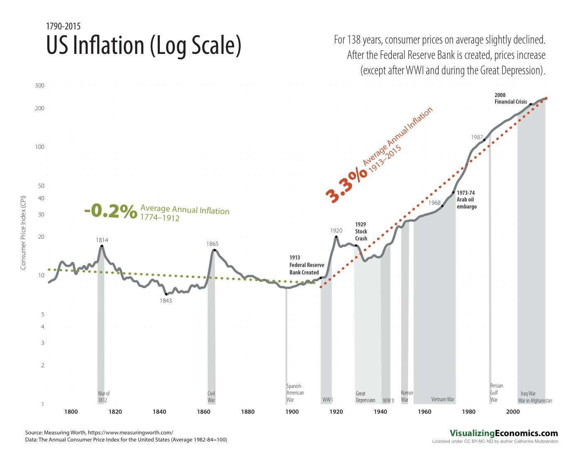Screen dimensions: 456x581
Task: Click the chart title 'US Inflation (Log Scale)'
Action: tap(144, 46)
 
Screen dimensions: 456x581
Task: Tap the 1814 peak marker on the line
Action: tap(102, 246)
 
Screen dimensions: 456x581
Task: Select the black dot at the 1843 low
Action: tap(166, 294)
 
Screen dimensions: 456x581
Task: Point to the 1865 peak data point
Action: tap(215, 250)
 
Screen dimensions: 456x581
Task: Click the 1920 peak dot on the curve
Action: tap(336, 237)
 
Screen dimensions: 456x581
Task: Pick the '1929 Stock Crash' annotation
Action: tap(361, 231)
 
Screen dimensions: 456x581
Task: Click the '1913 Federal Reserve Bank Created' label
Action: tap(307, 265)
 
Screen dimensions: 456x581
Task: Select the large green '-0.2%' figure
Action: tap(110, 211)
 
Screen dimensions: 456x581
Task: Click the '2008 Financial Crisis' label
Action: tap(510, 98)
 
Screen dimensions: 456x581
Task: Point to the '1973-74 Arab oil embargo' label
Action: tap(466, 199)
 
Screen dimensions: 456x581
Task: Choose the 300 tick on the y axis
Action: tap(39, 86)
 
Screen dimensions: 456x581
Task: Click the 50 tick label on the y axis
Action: tap(41, 186)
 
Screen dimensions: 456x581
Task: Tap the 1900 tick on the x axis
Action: tap(292, 412)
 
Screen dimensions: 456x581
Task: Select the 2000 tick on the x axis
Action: tap(513, 412)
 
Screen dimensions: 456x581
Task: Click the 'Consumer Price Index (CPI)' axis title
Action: tap(23, 232)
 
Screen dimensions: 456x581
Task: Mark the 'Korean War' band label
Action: tap(407, 396)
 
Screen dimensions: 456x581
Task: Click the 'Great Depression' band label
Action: tap(365, 397)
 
